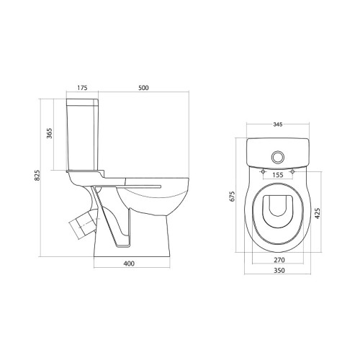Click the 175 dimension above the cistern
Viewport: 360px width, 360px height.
point(82,88)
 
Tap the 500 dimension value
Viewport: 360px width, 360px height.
point(143,88)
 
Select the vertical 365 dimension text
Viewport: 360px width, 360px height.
point(49,133)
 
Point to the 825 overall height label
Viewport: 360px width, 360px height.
point(37,176)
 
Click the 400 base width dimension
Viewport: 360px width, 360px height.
point(129,264)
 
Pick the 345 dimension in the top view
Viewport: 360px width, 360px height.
point(278,125)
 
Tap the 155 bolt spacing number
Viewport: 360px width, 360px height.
point(278,175)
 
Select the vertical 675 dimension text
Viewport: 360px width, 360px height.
point(233,196)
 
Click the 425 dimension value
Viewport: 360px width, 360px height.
point(318,213)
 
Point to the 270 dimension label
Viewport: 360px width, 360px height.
point(279,260)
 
